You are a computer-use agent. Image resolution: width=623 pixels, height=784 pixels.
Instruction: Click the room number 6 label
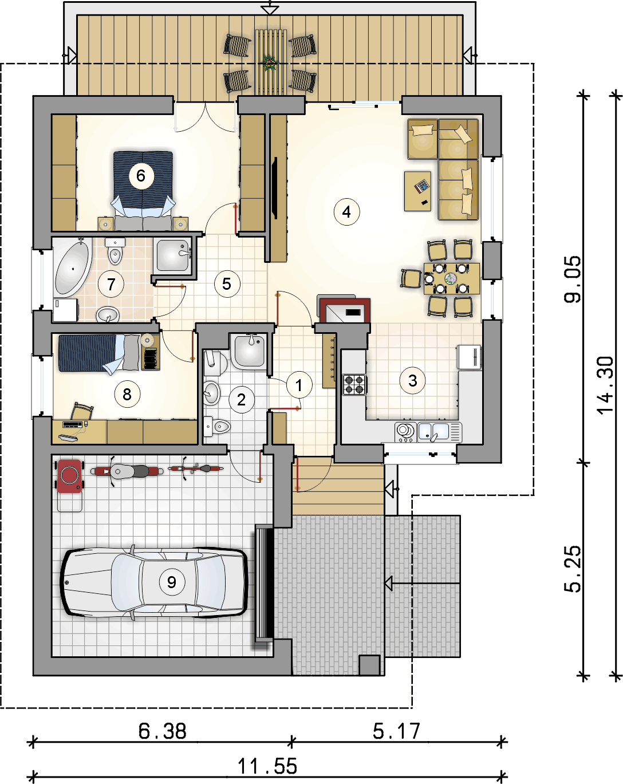click(x=141, y=176)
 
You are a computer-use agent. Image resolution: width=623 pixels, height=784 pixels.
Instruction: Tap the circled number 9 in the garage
click(x=172, y=582)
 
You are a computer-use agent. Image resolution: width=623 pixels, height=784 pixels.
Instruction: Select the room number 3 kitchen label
click(x=412, y=381)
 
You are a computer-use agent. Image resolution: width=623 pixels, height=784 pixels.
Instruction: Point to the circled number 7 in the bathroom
click(x=111, y=284)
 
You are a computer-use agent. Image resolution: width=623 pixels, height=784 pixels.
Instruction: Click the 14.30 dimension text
click(x=605, y=385)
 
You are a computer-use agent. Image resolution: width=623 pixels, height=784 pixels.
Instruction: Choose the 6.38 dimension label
click(x=163, y=731)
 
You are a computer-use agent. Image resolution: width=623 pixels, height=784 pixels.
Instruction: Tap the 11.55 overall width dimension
click(x=267, y=766)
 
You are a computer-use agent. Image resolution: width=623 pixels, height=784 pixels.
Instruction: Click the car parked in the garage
click(x=154, y=582)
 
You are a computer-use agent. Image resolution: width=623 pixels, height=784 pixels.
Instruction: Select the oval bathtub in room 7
click(x=72, y=269)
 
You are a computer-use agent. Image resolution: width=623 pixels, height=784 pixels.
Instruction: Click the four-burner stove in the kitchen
click(x=354, y=385)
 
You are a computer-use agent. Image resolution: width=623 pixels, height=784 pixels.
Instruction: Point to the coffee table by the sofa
click(x=417, y=191)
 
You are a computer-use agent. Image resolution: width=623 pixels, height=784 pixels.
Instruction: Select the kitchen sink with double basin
click(x=439, y=432)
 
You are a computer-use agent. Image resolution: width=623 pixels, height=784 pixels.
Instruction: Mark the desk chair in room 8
click(x=82, y=411)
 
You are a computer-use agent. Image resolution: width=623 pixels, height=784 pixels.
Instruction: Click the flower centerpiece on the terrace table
click(x=270, y=63)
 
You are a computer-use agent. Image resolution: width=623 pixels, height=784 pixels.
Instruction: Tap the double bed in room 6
click(x=143, y=190)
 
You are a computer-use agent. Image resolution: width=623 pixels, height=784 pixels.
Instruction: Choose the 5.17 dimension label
click(x=396, y=731)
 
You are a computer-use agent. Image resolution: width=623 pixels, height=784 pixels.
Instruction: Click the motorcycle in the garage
click(x=127, y=471)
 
